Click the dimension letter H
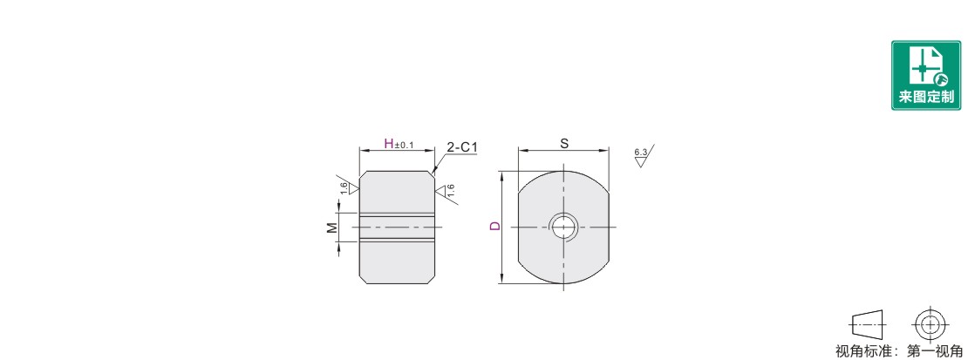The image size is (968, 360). point(389,144)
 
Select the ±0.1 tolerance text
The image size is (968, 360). point(404,146)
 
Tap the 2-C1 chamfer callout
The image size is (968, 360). point(462,147)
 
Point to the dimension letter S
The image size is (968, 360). point(563,143)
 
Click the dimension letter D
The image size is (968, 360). point(494,227)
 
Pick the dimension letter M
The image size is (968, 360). point(332,228)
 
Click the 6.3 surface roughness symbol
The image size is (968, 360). point(643,156)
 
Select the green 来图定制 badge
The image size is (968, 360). point(926,75)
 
